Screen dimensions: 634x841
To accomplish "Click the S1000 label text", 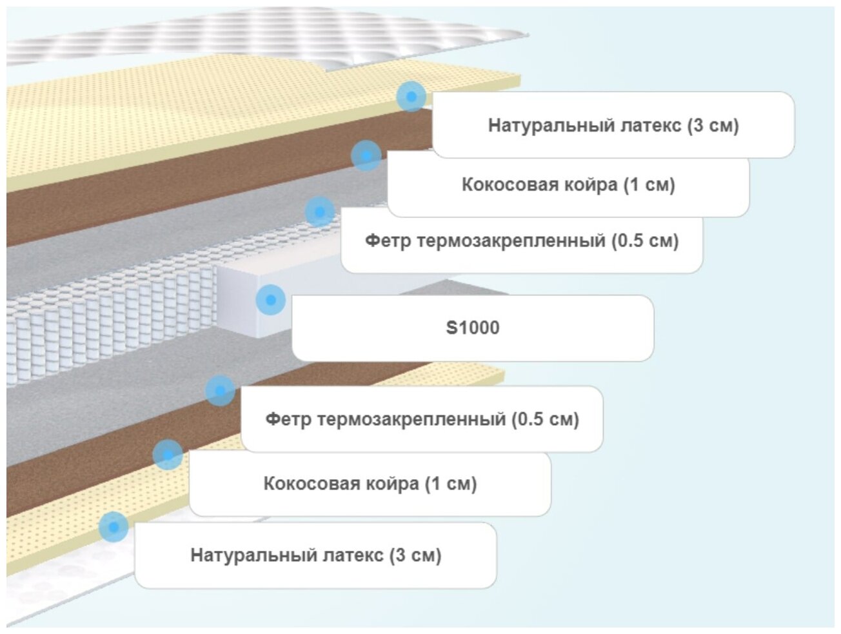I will (473, 328).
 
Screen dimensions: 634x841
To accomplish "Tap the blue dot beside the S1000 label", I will (271, 300).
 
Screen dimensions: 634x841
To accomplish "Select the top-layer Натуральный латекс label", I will (613, 125).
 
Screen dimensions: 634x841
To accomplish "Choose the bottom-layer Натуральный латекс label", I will (315, 555).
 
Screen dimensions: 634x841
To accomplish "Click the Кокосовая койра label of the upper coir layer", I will (568, 185).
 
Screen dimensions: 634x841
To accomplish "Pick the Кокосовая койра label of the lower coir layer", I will (370, 484).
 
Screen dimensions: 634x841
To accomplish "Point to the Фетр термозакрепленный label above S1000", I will (522, 241).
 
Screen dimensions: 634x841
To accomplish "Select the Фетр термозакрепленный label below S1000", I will (422, 420).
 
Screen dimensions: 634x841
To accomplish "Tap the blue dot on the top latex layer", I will (411, 96).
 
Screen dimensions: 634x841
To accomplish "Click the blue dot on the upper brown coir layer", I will (366, 155).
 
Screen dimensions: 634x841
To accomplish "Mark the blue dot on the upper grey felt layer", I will (319, 212).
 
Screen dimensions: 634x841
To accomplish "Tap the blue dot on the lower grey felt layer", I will (220, 391).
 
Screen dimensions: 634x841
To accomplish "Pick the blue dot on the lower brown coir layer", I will (168, 455).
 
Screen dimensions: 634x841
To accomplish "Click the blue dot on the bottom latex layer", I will (114, 527).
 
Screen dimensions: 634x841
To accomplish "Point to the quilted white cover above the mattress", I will (258, 39).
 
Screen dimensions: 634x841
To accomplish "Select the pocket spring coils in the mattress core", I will (110, 329).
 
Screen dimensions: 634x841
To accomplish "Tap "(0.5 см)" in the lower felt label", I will (545, 420).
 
